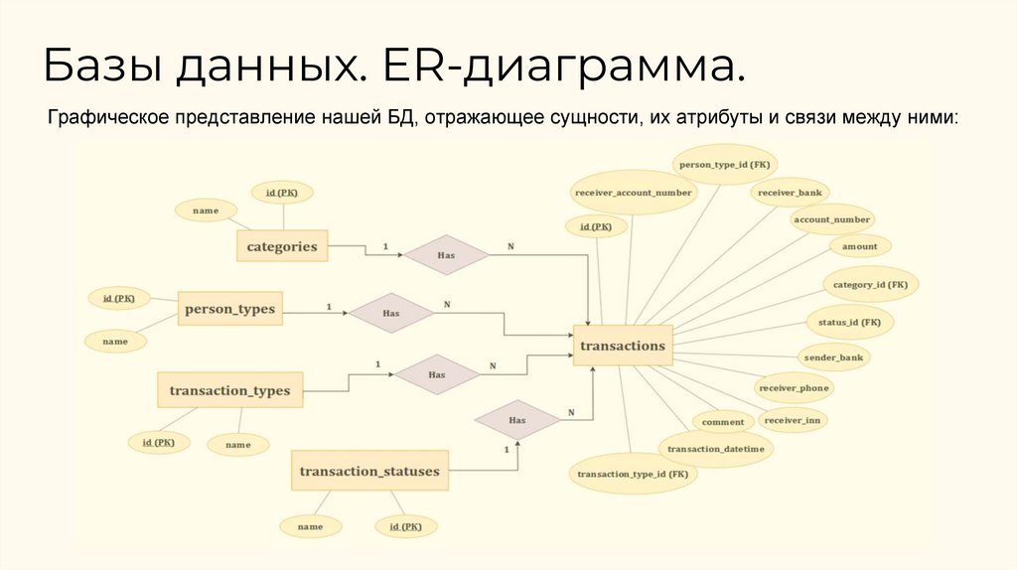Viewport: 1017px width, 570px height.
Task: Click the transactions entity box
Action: click(x=623, y=346)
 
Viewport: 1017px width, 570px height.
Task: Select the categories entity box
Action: click(x=282, y=246)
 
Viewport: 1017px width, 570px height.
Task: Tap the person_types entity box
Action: click(x=229, y=309)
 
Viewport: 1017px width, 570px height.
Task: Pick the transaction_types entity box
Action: click(x=229, y=390)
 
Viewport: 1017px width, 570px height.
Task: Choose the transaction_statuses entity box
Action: click(x=369, y=471)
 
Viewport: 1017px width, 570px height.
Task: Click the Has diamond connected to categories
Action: click(x=446, y=255)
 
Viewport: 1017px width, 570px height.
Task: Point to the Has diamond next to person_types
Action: click(x=390, y=313)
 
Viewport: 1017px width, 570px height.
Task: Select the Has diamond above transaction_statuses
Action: click(x=516, y=420)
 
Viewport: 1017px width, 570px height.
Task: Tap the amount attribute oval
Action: click(x=859, y=246)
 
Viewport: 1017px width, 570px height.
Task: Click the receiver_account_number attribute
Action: click(x=633, y=193)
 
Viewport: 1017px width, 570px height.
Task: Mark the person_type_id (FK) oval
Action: click(x=726, y=163)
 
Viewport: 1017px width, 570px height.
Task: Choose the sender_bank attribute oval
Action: click(x=832, y=356)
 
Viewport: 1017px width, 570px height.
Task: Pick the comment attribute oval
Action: click(x=723, y=422)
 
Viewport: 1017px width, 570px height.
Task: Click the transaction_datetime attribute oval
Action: click(x=715, y=449)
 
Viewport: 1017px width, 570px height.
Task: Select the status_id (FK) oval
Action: click(x=849, y=323)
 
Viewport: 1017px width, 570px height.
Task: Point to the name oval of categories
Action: click(x=206, y=211)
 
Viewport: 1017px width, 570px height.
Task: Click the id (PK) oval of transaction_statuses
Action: click(x=406, y=525)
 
